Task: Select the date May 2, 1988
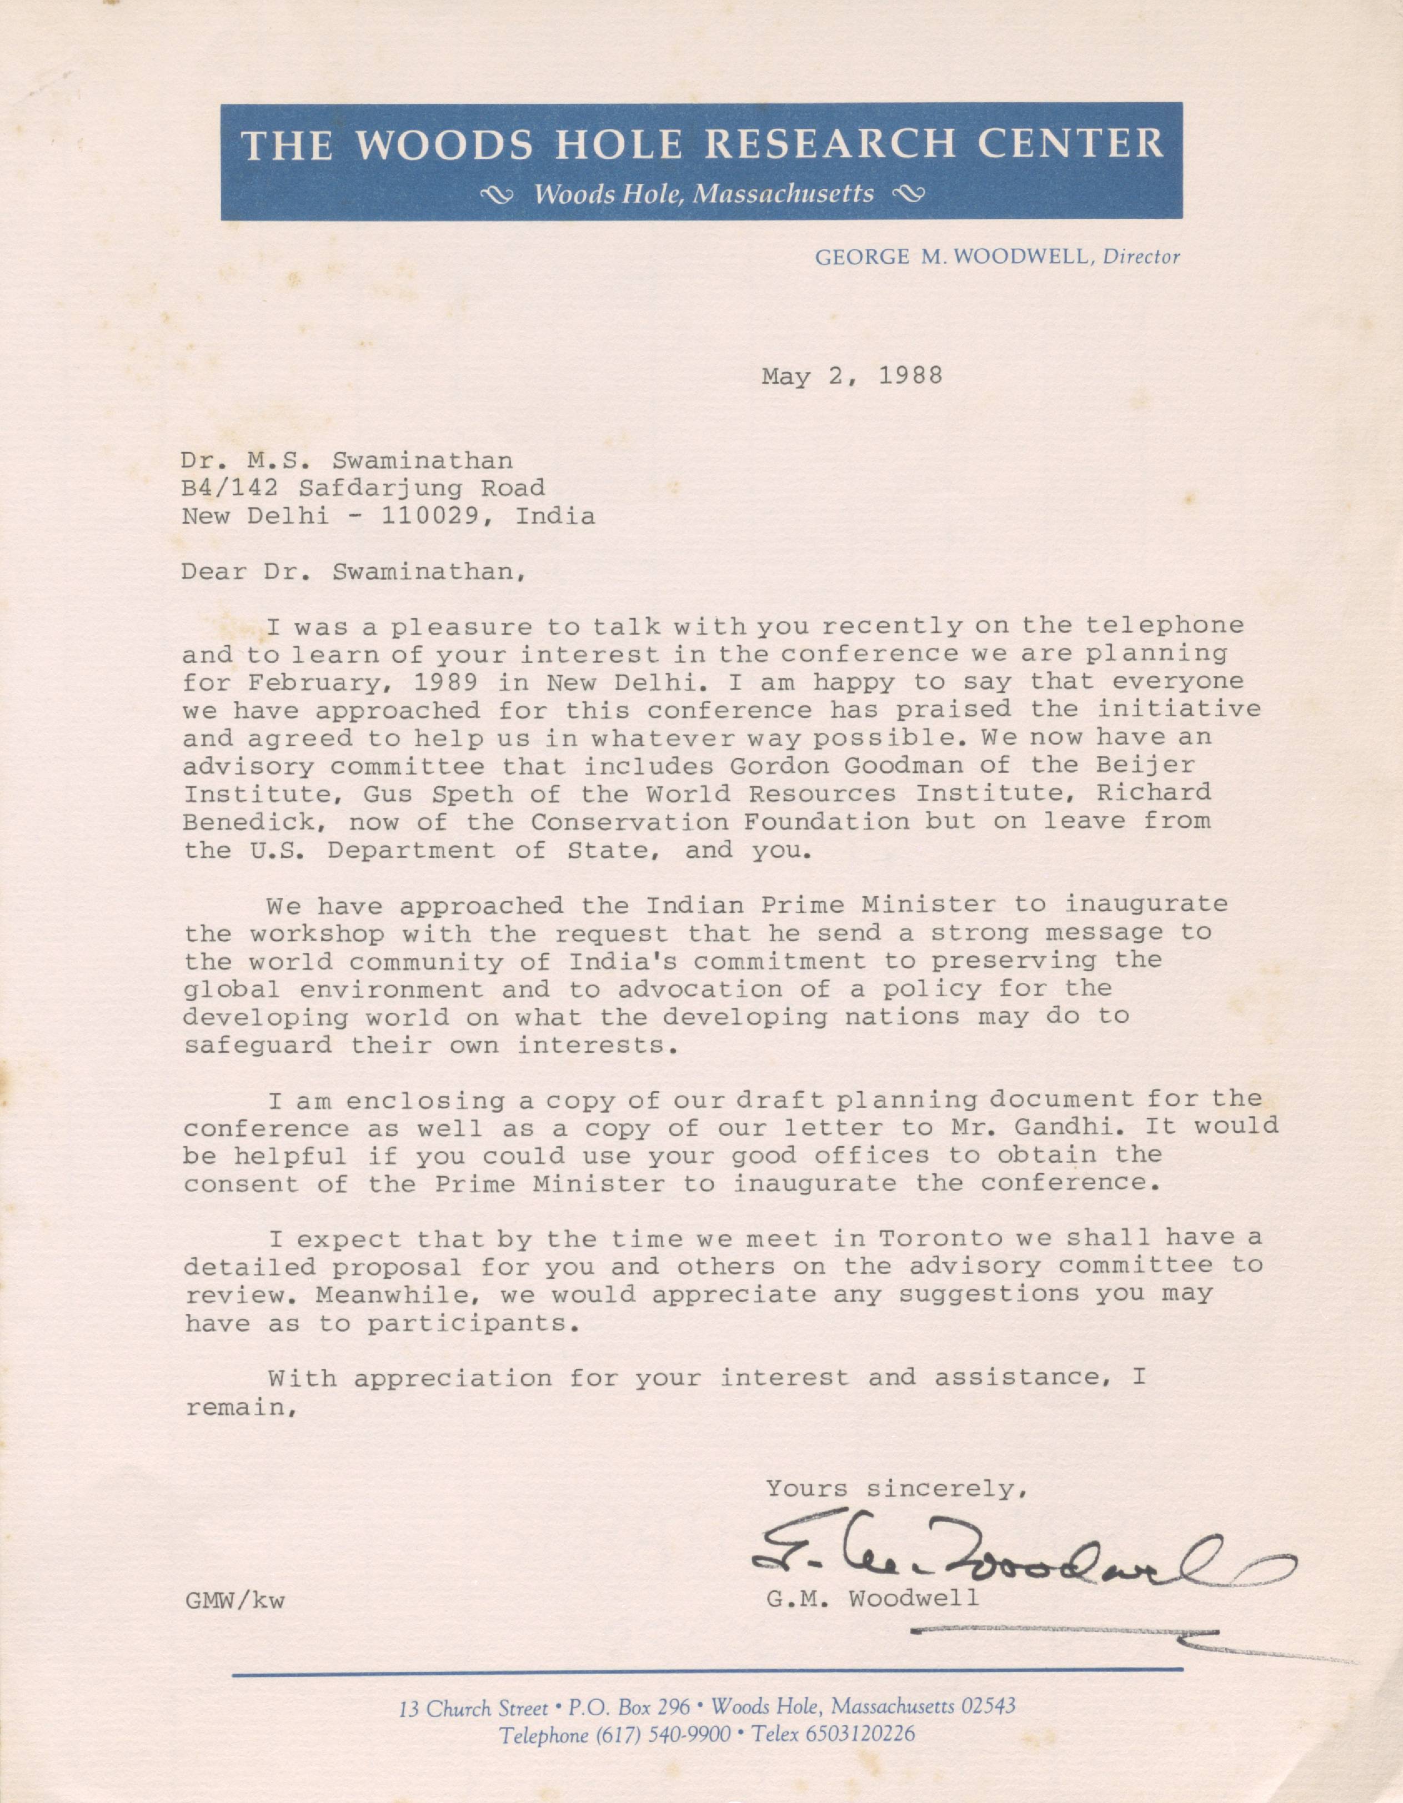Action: pos(851,376)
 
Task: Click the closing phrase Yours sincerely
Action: pos(895,1489)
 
